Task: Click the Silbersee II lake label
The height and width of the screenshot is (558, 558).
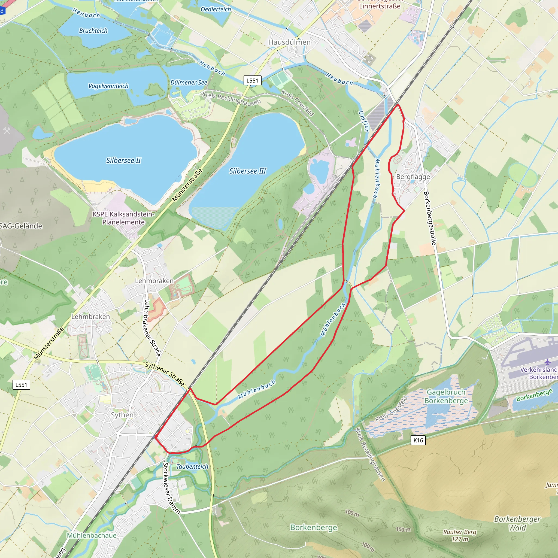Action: (x=123, y=160)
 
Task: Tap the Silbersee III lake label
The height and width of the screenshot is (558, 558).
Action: (x=247, y=171)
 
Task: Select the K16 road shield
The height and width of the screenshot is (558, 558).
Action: (x=418, y=440)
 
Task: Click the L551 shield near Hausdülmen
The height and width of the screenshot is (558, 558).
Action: (x=252, y=80)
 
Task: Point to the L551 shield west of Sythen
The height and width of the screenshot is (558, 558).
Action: (x=21, y=385)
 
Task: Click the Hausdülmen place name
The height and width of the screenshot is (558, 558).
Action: (x=289, y=42)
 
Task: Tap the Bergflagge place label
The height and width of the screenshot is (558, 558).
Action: (x=413, y=177)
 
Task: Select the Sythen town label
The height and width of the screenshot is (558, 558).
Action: (x=122, y=415)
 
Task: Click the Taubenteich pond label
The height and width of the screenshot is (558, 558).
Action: (x=192, y=466)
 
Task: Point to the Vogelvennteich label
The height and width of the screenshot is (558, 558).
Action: (x=108, y=86)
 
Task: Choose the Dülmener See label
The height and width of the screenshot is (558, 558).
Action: (x=189, y=82)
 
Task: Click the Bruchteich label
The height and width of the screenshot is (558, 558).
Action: (x=93, y=31)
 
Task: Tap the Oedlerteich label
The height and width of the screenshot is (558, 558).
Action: (x=216, y=9)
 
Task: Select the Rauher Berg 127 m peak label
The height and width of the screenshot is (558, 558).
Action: (x=460, y=535)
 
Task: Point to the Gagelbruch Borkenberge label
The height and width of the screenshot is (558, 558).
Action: (x=446, y=396)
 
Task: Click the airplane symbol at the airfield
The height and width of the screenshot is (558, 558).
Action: (x=548, y=362)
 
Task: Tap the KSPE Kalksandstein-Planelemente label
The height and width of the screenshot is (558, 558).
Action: (x=123, y=218)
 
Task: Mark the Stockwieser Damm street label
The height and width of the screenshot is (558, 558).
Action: (x=171, y=488)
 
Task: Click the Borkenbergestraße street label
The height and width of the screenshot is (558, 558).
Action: (x=430, y=218)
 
